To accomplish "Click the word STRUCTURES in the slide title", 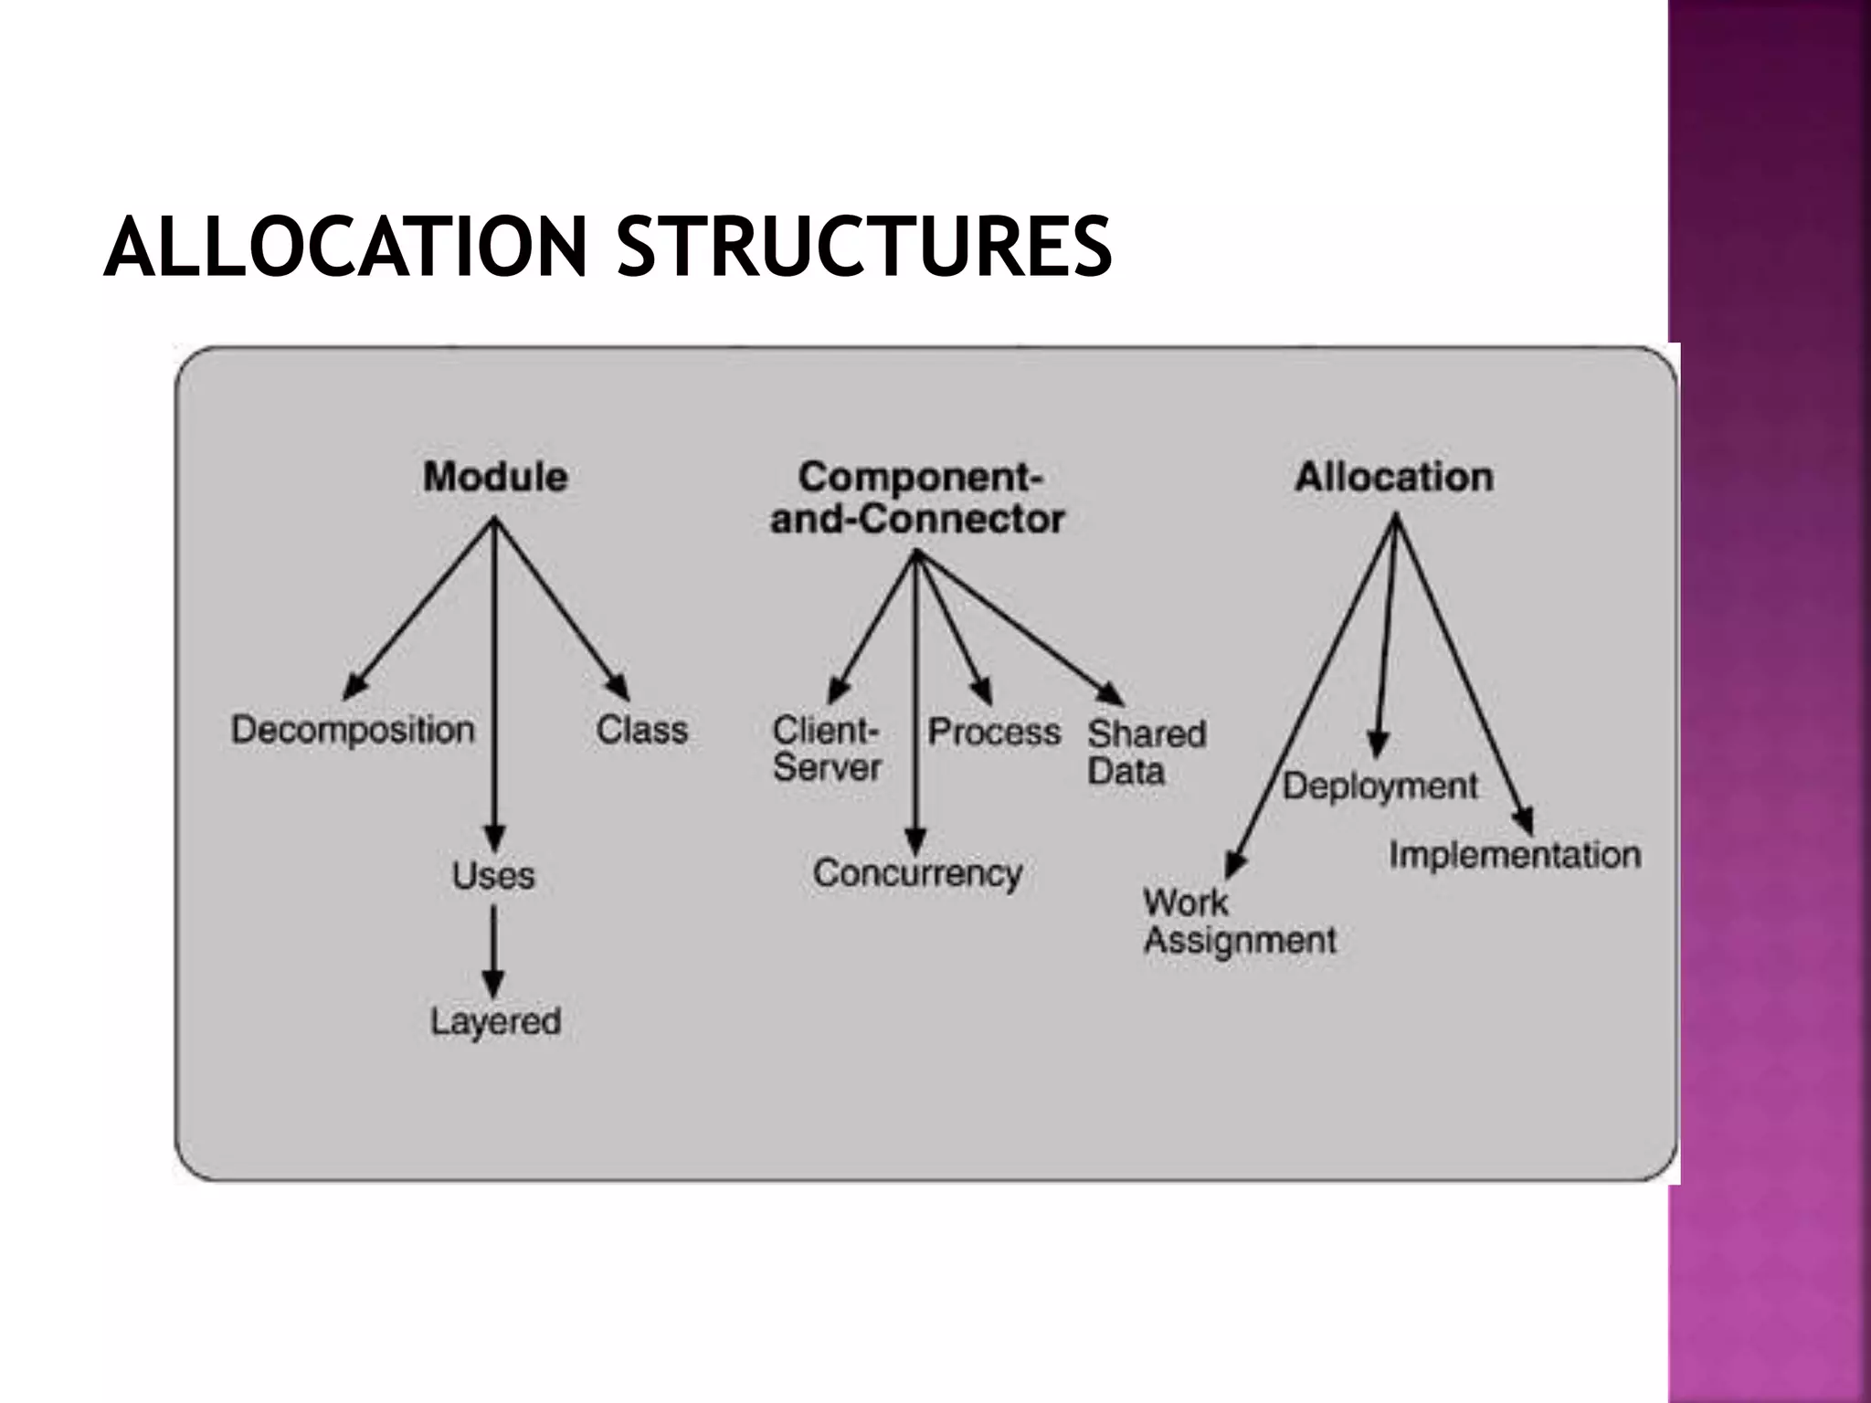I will tap(864, 247).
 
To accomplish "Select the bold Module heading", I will tap(495, 477).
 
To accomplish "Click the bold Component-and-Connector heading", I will tap(918, 498).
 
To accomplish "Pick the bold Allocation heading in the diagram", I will tap(1394, 477).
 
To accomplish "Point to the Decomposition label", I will tap(353, 730).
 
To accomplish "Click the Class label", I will tap(641, 730).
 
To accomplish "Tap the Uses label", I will tap(493, 875).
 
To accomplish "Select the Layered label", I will tap(495, 1021).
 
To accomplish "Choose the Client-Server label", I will tap(827, 749).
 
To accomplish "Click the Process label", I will tap(994, 732).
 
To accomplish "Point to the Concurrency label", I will tap(917, 873).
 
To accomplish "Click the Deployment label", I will tap(1379, 786).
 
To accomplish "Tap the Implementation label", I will tap(1515, 855).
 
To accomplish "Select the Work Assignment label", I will tap(1239, 921).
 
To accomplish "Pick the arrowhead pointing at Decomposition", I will tap(354, 688).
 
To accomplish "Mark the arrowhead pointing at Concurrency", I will tap(915, 841).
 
